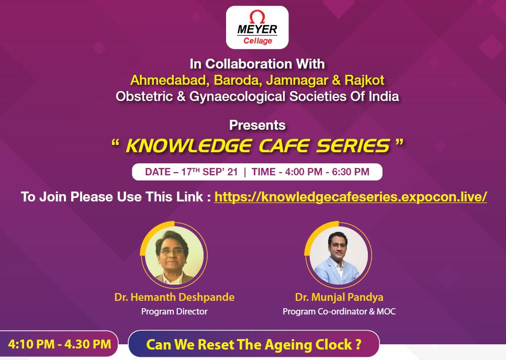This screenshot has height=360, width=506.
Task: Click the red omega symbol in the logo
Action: coord(257,16)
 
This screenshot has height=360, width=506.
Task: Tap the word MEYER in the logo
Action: coord(257,30)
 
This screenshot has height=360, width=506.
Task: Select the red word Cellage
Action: coord(257,41)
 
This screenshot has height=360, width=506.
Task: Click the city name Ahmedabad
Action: coord(168,80)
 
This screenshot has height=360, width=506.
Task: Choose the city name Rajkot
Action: coord(364,81)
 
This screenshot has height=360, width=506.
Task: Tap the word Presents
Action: coord(257,125)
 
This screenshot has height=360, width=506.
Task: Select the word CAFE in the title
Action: coord(285,146)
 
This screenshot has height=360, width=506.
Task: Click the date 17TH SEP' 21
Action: coord(209,172)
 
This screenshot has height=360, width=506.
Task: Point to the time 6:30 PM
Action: coord(351,172)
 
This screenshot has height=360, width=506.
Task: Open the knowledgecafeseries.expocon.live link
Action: coord(351,197)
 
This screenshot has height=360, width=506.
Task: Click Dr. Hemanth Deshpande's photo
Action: coord(174,255)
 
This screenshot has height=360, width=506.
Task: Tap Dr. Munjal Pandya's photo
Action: coord(339,255)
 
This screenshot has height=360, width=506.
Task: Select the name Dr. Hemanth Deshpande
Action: coord(174,297)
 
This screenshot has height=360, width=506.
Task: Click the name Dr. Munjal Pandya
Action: coord(339,297)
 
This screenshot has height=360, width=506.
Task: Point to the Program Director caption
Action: coord(174,312)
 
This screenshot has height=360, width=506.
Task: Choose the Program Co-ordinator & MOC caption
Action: coord(339,312)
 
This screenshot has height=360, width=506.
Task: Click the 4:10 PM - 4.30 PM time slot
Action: coord(60,344)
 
